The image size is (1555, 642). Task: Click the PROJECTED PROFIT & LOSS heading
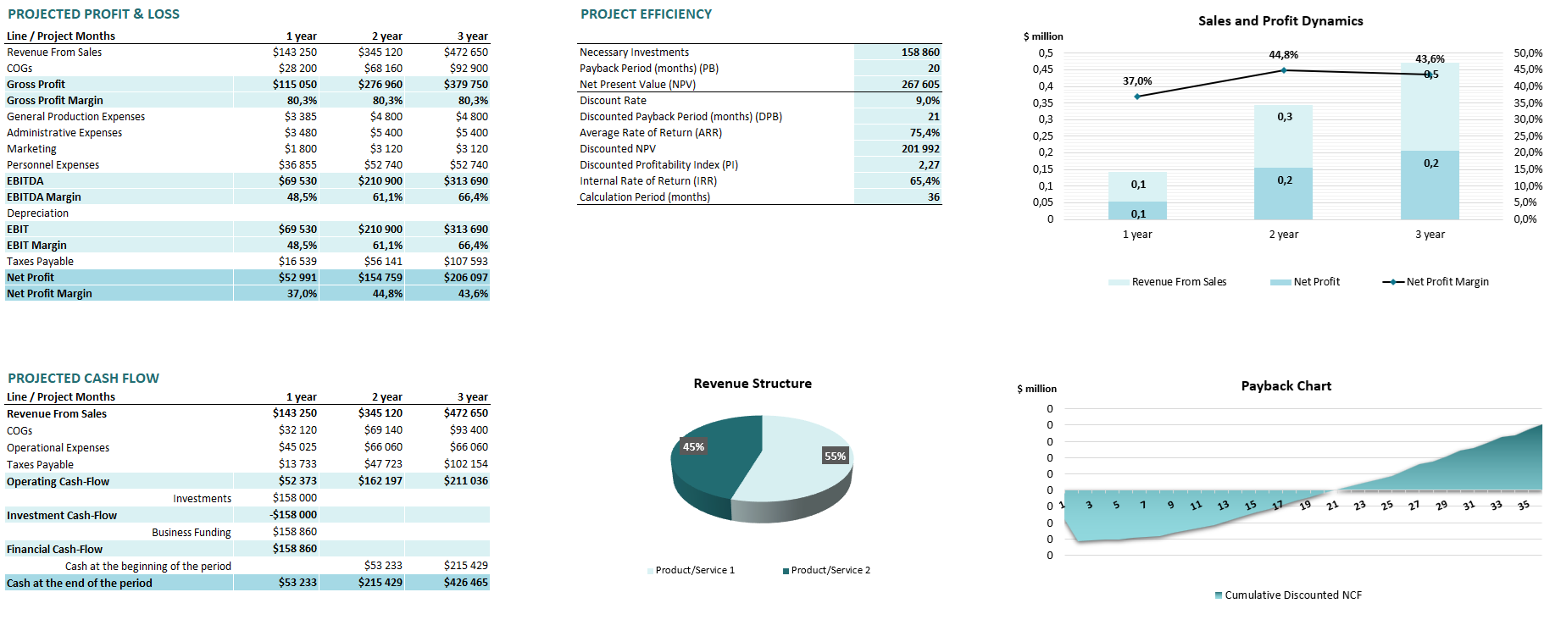tap(93, 14)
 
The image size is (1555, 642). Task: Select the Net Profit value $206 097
tap(465, 278)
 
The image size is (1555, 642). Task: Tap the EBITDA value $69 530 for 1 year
tap(297, 181)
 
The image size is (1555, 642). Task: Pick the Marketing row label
tap(32, 149)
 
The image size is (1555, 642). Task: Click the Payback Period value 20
tap(933, 69)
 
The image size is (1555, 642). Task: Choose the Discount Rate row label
tap(613, 101)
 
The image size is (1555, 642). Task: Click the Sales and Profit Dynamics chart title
tap(1280, 21)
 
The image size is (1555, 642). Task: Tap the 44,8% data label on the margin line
tap(1283, 55)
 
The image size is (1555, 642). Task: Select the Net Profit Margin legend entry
tap(1447, 282)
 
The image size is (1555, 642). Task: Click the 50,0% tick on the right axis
tap(1527, 53)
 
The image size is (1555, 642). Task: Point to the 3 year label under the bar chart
tap(1430, 235)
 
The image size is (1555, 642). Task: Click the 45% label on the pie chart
tap(693, 447)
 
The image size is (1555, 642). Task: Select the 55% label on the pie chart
tap(835, 457)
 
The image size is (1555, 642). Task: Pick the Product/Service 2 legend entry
tap(830, 571)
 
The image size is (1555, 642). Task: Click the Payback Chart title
tap(1286, 386)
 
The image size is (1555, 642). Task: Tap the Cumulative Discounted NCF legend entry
tap(1292, 595)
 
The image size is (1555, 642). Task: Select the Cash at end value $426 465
tap(465, 584)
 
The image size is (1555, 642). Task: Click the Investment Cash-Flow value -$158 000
tap(293, 515)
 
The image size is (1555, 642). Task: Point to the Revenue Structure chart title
tap(752, 384)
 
